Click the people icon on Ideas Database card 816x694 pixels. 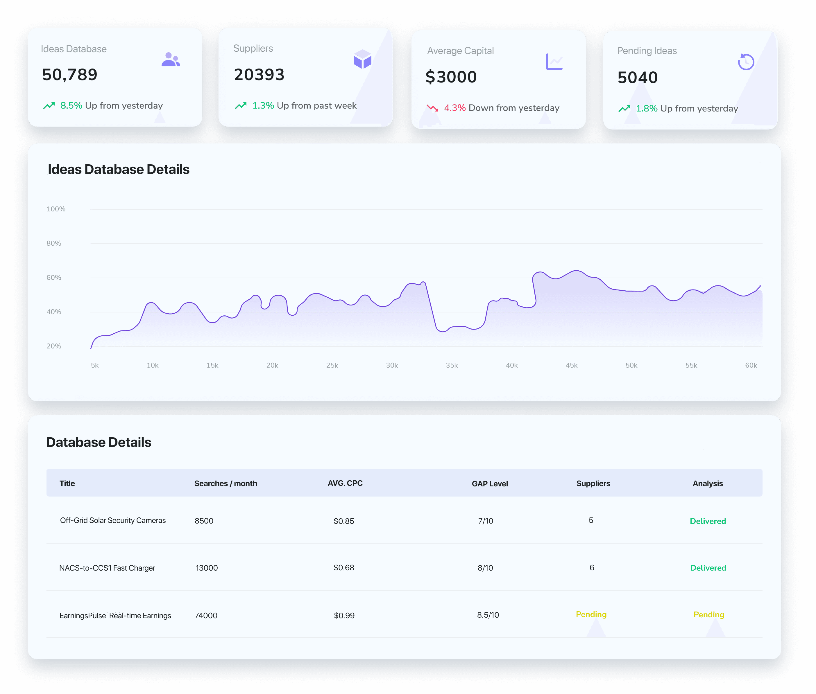[171, 60]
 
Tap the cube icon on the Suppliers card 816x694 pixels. [363, 59]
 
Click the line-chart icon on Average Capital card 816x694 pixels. [554, 62]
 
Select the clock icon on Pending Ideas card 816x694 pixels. [746, 62]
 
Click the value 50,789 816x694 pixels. [70, 75]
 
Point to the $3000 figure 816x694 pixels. [451, 77]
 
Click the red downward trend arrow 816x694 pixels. [433, 108]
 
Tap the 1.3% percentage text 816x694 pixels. [263, 105]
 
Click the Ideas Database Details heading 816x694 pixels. [119, 170]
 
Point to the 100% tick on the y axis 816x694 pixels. [56, 209]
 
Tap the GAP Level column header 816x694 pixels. [490, 483]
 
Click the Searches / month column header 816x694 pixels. [226, 483]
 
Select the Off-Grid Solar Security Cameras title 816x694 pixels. [113, 520]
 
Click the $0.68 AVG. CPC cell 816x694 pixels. [344, 568]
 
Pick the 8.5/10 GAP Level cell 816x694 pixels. [488, 615]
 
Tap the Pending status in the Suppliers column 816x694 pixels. [591, 614]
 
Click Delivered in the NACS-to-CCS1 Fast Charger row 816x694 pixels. [708, 568]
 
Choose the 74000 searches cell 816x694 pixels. [206, 615]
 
